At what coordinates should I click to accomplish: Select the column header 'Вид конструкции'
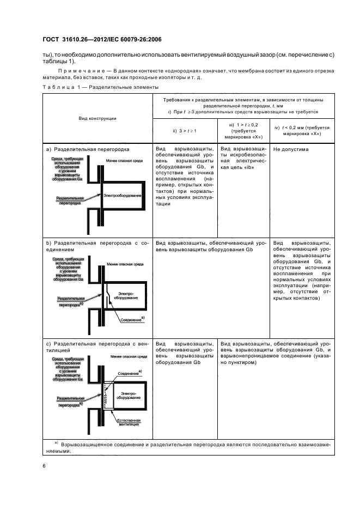click(x=97, y=118)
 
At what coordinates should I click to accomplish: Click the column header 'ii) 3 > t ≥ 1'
click(x=184, y=131)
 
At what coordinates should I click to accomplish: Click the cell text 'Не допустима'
click(x=290, y=149)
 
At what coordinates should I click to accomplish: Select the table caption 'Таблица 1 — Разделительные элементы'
click(x=100, y=87)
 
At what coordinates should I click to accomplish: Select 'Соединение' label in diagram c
click(x=129, y=373)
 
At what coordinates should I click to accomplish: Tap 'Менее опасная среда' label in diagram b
click(x=128, y=263)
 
